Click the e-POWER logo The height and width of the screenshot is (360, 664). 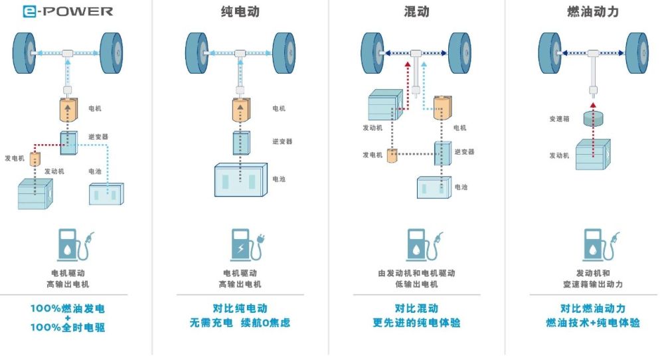(x=68, y=11)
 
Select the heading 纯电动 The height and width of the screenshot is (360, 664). (x=240, y=11)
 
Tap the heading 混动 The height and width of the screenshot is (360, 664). (x=416, y=11)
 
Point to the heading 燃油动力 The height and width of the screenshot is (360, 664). (x=593, y=11)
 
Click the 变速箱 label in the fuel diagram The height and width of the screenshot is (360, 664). (x=559, y=119)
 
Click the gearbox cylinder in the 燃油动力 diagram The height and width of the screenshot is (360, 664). (x=593, y=118)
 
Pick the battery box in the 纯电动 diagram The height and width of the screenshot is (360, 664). (x=240, y=180)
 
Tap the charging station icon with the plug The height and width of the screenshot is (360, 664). (x=247, y=245)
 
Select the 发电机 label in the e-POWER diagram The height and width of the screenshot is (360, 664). (x=15, y=158)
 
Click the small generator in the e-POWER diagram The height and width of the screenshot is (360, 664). (x=35, y=158)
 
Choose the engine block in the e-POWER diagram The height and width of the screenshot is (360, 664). (x=35, y=193)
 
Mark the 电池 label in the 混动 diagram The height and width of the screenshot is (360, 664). (x=461, y=187)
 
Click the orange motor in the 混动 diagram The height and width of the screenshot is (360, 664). (x=442, y=108)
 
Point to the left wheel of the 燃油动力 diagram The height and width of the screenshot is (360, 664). (x=550, y=53)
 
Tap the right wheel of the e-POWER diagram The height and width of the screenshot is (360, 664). (x=112, y=53)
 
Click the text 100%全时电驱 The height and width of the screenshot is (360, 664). (x=68, y=327)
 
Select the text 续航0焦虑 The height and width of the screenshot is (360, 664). (x=266, y=323)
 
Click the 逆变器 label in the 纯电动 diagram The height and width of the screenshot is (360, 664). (x=282, y=141)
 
